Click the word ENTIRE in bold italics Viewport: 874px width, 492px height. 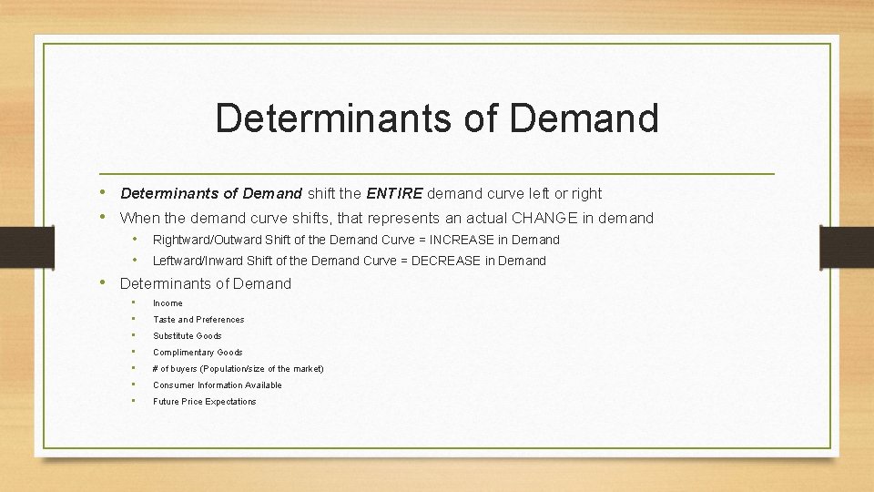click(394, 193)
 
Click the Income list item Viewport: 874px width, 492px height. click(168, 303)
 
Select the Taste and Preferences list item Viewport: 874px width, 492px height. click(198, 320)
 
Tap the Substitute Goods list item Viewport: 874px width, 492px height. click(187, 336)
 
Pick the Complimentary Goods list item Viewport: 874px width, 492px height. click(198, 353)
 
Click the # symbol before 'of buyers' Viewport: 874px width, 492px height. click(156, 369)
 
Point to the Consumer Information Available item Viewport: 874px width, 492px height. click(217, 385)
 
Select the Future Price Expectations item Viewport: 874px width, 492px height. click(204, 402)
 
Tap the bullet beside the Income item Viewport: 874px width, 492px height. click(134, 302)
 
